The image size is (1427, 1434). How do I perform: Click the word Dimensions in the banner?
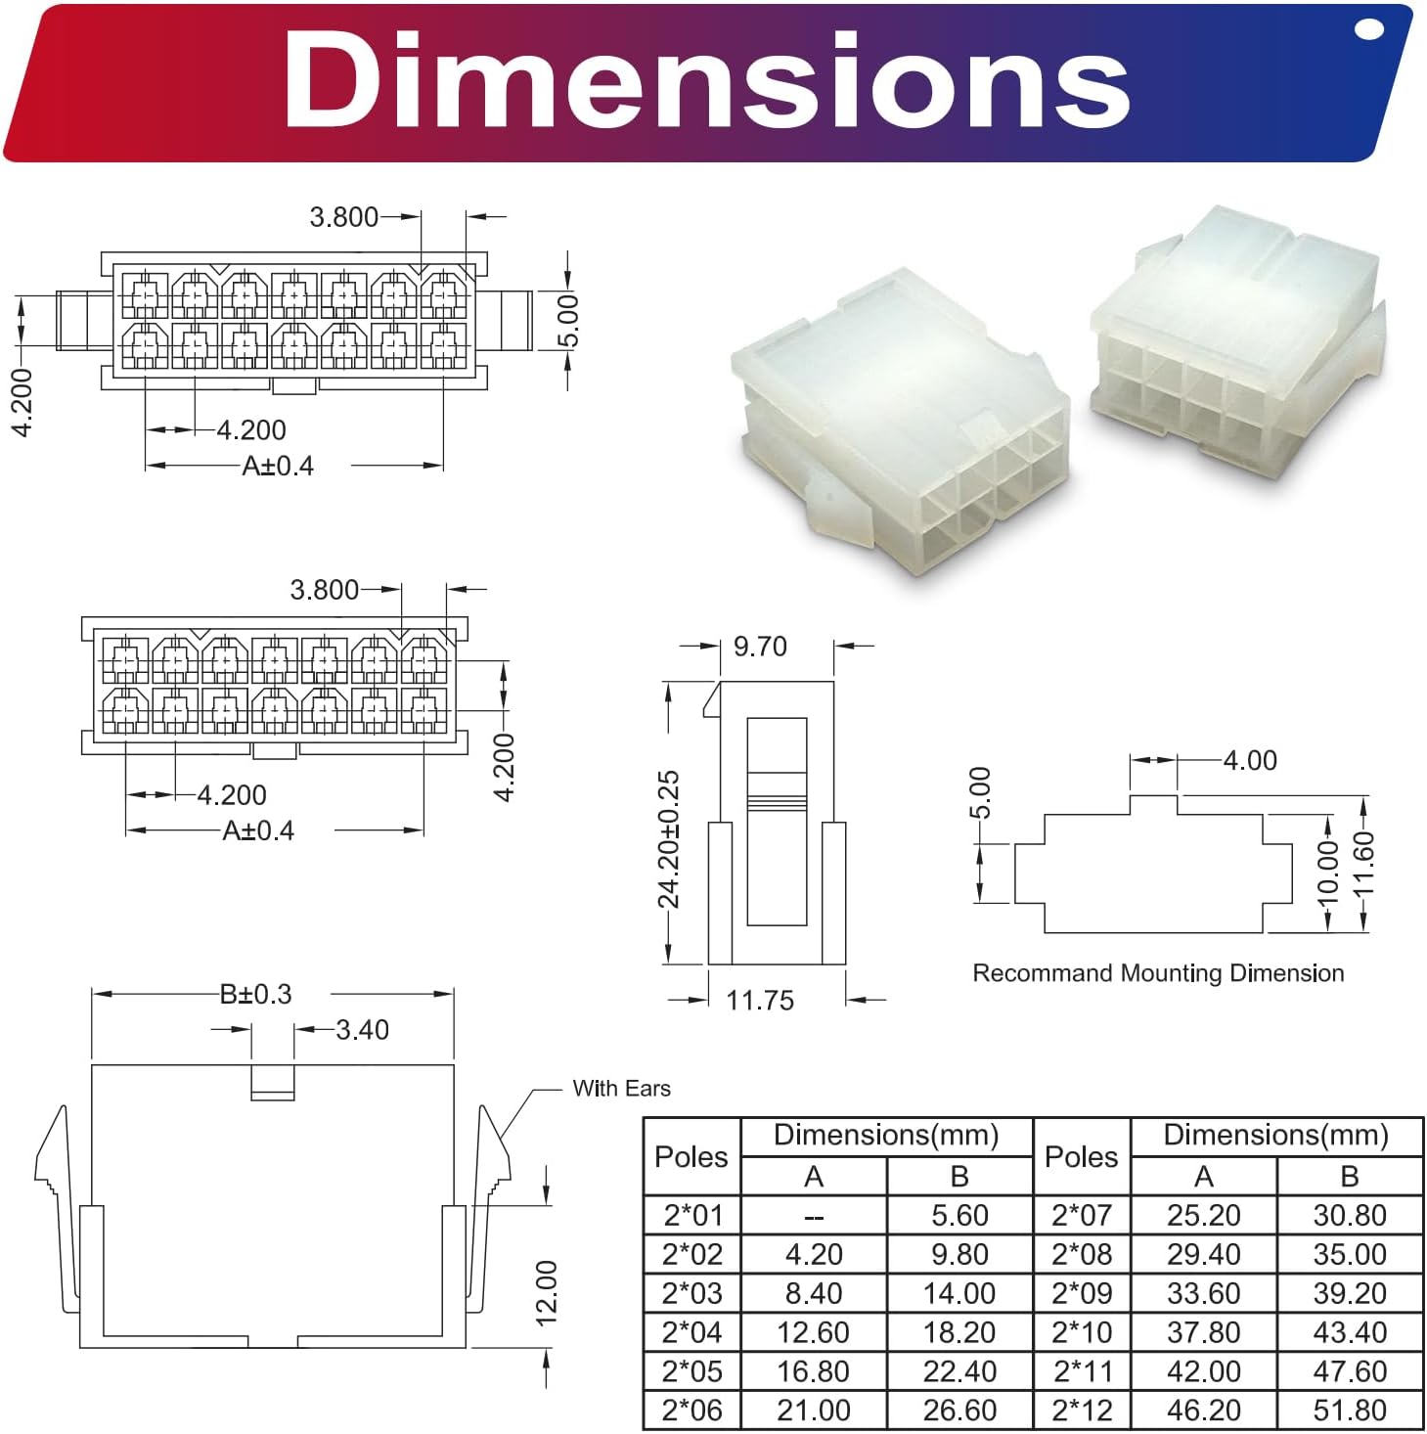coord(706,80)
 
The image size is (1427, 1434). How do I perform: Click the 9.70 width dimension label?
coord(759,647)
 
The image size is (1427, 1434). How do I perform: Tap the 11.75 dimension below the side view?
coord(759,1000)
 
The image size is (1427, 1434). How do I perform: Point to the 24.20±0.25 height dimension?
coord(669,839)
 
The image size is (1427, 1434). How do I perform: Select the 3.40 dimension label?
coord(362,1029)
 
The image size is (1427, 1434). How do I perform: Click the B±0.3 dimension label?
coord(255,994)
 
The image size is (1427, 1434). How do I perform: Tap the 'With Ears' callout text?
coord(621,1088)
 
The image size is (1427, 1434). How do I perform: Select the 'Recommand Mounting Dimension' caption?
coord(1157,972)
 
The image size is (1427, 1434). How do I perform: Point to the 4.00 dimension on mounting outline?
coord(1249,760)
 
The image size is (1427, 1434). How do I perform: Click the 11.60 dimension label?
coord(1363,864)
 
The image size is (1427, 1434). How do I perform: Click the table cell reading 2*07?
coord(1081,1215)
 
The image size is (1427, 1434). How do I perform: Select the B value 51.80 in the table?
coord(1349,1410)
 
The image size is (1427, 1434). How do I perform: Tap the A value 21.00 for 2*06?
coord(813,1410)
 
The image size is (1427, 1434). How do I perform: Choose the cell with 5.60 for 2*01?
coord(959,1215)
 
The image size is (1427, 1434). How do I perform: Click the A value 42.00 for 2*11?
coord(1203,1370)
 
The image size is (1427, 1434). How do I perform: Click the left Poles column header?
coord(691,1156)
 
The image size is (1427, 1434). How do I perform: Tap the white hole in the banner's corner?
coord(1370,31)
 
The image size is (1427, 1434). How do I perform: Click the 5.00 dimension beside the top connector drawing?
coord(568,321)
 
